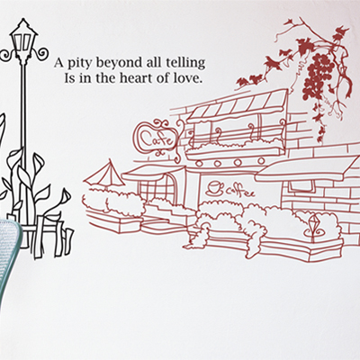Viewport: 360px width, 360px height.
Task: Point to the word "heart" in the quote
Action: tap(137, 78)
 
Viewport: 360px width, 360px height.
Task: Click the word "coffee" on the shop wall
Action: tap(240, 192)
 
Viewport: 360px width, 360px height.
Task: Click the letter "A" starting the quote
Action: tap(59, 63)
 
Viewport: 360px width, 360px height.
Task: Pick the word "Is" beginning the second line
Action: tap(69, 78)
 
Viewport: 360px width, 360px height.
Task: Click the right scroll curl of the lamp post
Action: tap(41, 53)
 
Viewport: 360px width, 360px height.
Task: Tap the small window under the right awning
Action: tap(301, 186)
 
